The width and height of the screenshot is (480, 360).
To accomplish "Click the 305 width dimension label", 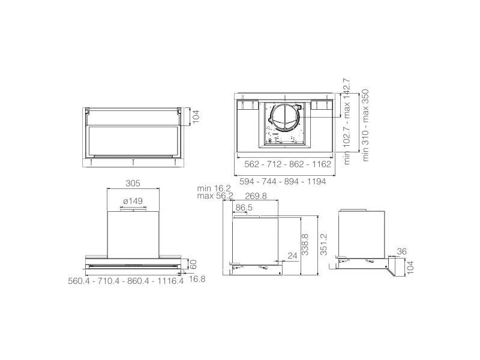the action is (133, 184).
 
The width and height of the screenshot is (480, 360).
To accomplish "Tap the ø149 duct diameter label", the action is (133, 201).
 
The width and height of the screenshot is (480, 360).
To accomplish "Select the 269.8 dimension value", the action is (256, 196).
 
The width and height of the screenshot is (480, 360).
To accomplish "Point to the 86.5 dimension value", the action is (244, 208).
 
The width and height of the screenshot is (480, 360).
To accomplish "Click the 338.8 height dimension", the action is (305, 244).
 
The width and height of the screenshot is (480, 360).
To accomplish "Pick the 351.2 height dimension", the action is (323, 244).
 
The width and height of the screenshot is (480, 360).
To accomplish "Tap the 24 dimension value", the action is (292, 256).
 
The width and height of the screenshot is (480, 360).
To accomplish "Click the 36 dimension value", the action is (401, 251).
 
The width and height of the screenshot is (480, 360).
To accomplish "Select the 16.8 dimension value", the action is (197, 279).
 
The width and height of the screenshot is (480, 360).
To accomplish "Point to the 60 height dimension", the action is (193, 265).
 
